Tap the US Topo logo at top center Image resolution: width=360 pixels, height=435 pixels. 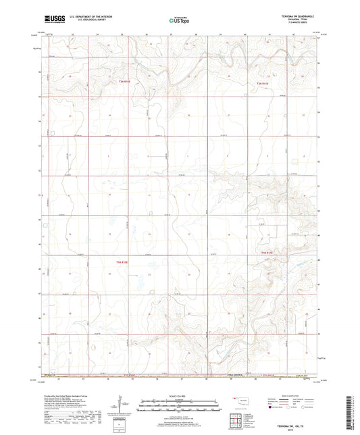178,21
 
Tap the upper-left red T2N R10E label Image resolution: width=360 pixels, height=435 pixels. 123,82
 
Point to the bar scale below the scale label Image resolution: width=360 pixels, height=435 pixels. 180,405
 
